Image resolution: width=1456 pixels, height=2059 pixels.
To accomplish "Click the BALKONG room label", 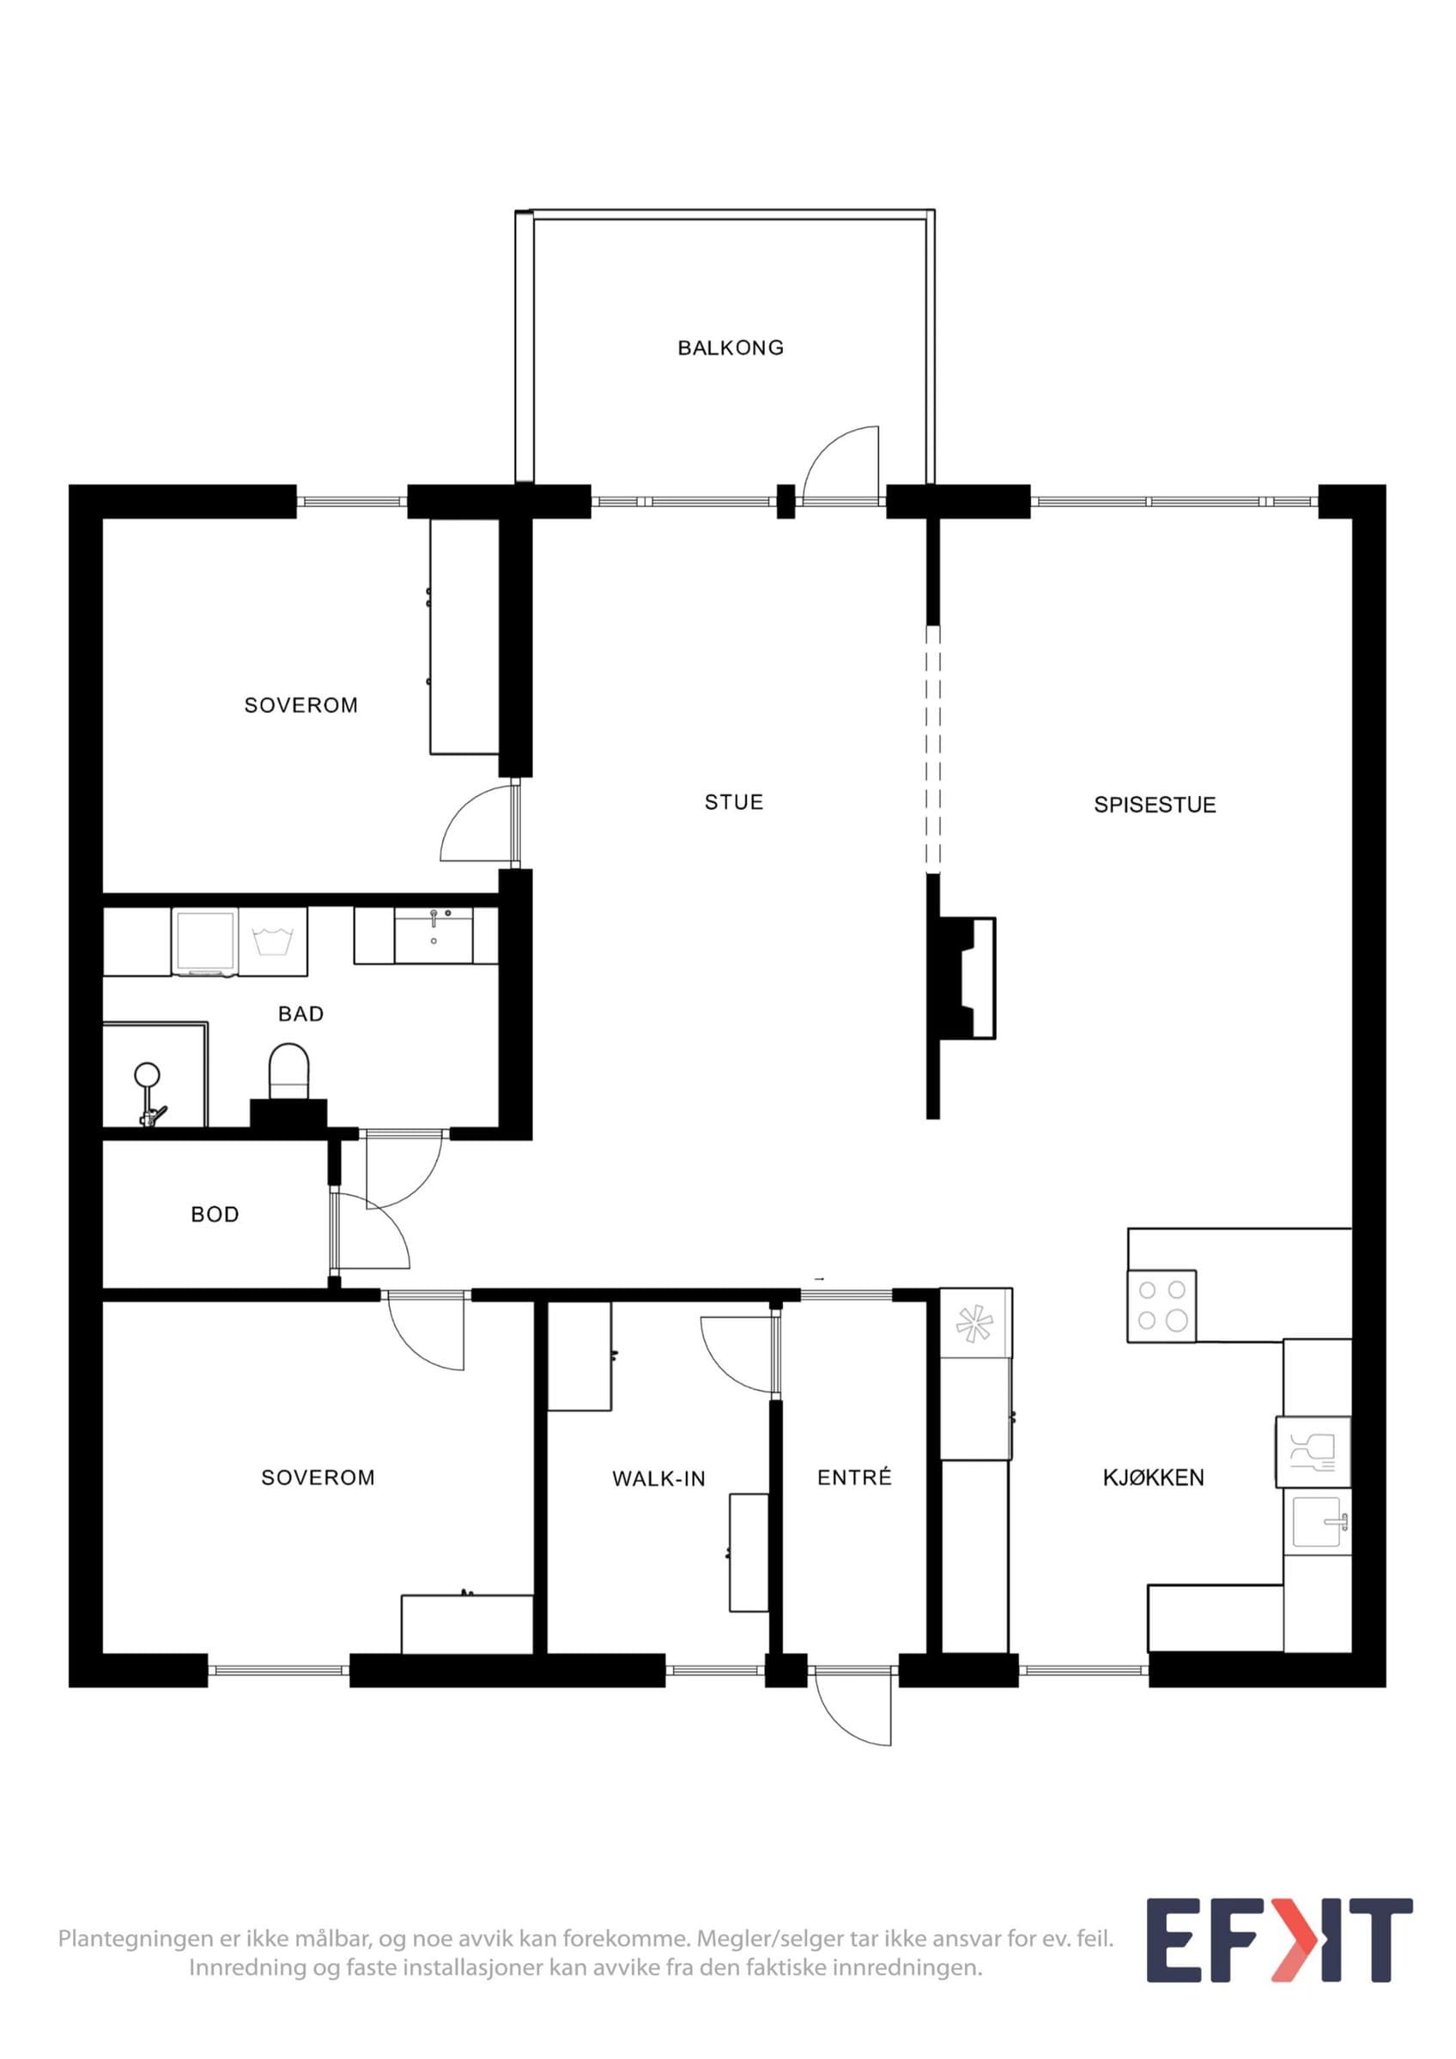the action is pyautogui.click(x=731, y=348).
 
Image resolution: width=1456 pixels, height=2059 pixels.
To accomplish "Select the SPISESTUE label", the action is pyautogui.click(x=1155, y=805).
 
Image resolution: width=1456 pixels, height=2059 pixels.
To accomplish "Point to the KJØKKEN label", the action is pyautogui.click(x=1154, y=1477).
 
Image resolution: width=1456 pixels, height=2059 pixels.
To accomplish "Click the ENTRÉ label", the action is pyautogui.click(x=854, y=1477).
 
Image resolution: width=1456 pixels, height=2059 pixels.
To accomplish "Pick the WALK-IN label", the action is pyautogui.click(x=658, y=1479).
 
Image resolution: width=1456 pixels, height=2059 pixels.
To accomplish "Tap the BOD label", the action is pyautogui.click(x=215, y=1214).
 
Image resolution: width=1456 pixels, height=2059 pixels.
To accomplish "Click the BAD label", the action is pyautogui.click(x=300, y=1013).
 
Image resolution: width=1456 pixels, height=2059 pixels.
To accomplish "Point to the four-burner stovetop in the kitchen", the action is pyautogui.click(x=1162, y=1306).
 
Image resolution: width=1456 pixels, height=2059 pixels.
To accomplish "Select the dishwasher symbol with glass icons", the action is pyautogui.click(x=1313, y=1452).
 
